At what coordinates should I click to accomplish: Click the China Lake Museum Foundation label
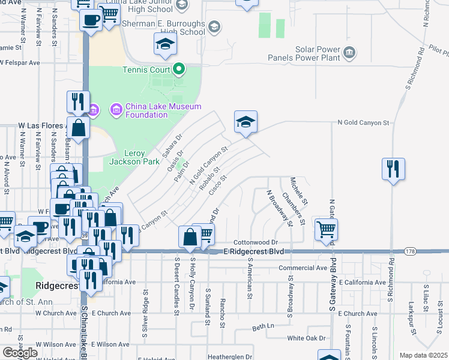pyautogui.click(x=146, y=110)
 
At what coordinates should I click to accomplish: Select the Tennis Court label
pyautogui.click(x=146, y=70)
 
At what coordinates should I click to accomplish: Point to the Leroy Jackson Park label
pyautogui.click(x=127, y=157)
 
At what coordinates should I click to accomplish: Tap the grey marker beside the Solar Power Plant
pyautogui.click(x=349, y=55)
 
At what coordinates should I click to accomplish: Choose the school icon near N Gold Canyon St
pyautogui.click(x=246, y=122)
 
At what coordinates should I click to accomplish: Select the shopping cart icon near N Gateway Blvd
pyautogui.click(x=326, y=229)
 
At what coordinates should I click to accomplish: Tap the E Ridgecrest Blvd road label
pyautogui.click(x=253, y=251)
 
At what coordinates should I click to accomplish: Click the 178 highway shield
pyautogui.click(x=410, y=251)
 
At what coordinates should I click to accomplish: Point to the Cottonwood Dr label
pyautogui.click(x=256, y=241)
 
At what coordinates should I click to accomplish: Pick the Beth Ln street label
pyautogui.click(x=263, y=327)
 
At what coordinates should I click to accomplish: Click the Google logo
pyautogui.click(x=20, y=353)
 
